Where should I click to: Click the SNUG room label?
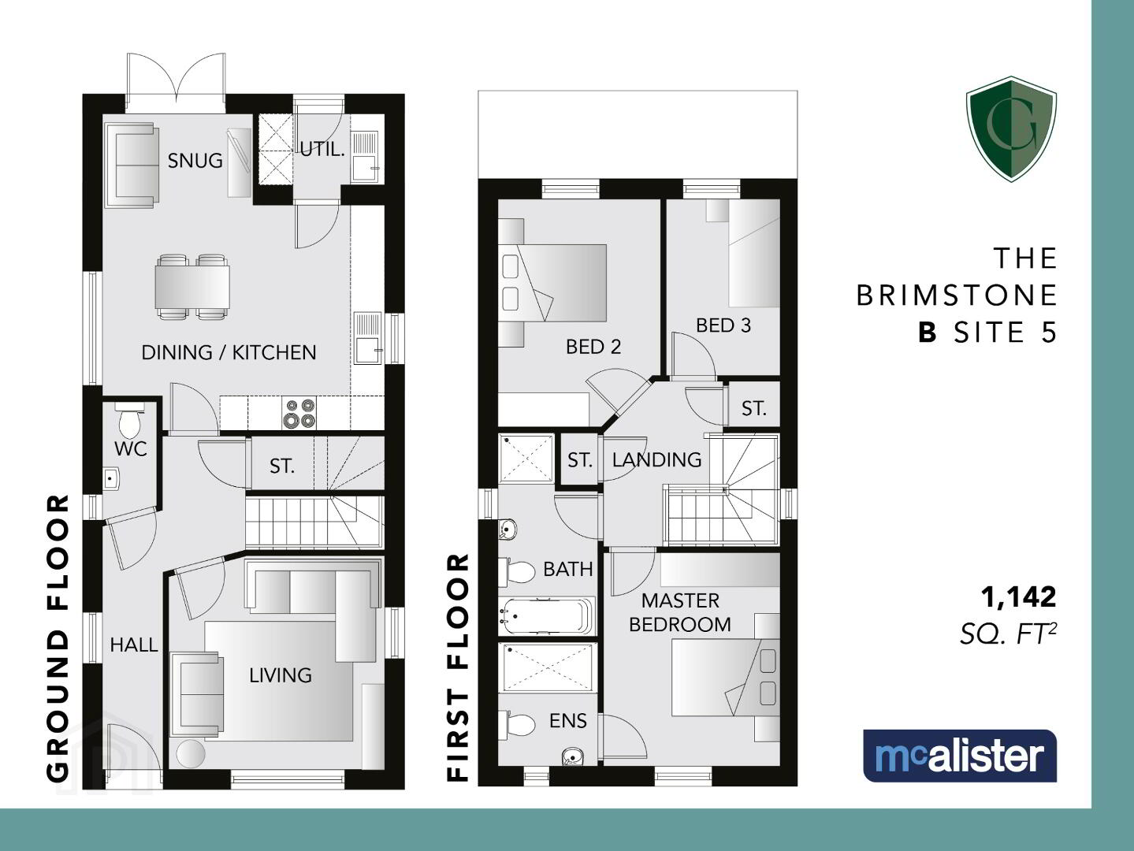pyautogui.click(x=195, y=161)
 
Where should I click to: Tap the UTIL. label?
pyautogui.click(x=322, y=150)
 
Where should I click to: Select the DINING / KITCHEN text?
pyautogui.click(x=229, y=353)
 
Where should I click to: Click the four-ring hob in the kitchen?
pyautogui.click(x=299, y=414)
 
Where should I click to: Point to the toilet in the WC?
pyautogui.click(x=129, y=422)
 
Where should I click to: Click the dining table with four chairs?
pyautogui.click(x=192, y=287)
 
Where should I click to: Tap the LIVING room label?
pyautogui.click(x=281, y=675)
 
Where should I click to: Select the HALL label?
pyautogui.click(x=134, y=645)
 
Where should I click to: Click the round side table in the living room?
pyautogui.click(x=191, y=754)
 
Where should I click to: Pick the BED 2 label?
pyautogui.click(x=593, y=347)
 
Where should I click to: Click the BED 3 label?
pyautogui.click(x=723, y=325)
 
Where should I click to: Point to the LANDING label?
pyautogui.click(x=656, y=459)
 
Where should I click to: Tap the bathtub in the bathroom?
pyautogui.click(x=547, y=616)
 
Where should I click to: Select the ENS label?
pyautogui.click(x=567, y=721)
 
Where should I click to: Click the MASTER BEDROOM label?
pyautogui.click(x=680, y=612)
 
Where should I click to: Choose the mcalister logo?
pyautogui.click(x=960, y=756)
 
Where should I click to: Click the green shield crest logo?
pyautogui.click(x=1011, y=129)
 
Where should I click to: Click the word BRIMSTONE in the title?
pyautogui.click(x=957, y=295)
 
